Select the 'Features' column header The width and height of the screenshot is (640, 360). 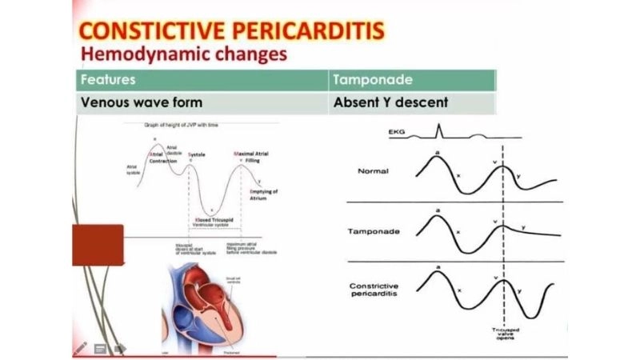point(107,80)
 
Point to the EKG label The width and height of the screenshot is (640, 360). point(397,130)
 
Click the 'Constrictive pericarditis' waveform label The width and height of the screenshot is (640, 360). point(374,291)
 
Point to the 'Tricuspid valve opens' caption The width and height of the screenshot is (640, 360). point(503,336)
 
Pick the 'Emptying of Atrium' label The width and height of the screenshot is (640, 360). point(263,194)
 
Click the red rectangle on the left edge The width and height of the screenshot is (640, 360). point(98,245)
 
